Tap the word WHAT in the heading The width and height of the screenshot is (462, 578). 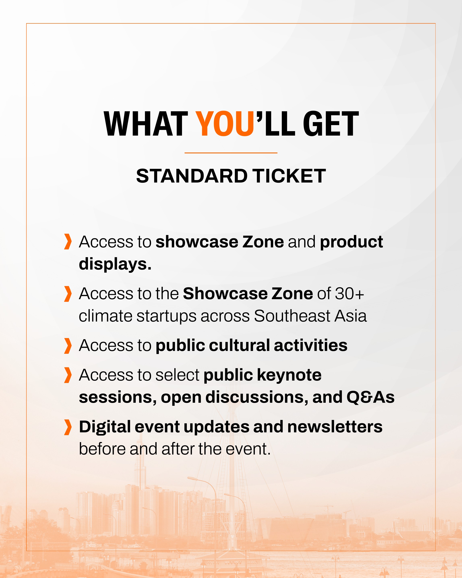click(x=146, y=124)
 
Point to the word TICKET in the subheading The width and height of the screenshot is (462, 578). click(x=290, y=176)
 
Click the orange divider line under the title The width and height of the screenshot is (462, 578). click(x=231, y=153)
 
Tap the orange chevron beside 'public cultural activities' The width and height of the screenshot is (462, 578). click(x=68, y=346)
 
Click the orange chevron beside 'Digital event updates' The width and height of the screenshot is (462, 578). click(x=68, y=427)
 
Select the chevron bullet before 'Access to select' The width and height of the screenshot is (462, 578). click(x=68, y=375)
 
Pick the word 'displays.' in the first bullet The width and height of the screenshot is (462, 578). click(x=115, y=264)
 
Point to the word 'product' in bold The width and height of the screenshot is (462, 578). click(x=351, y=242)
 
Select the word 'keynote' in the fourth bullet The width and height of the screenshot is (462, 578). click(x=289, y=375)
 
